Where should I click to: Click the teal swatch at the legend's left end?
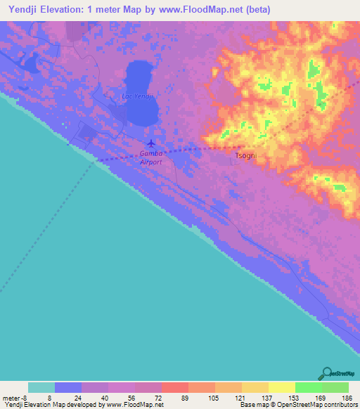click(x=41, y=387)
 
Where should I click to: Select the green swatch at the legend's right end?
click(x=335, y=387)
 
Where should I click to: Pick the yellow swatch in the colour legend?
click(x=281, y=387)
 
